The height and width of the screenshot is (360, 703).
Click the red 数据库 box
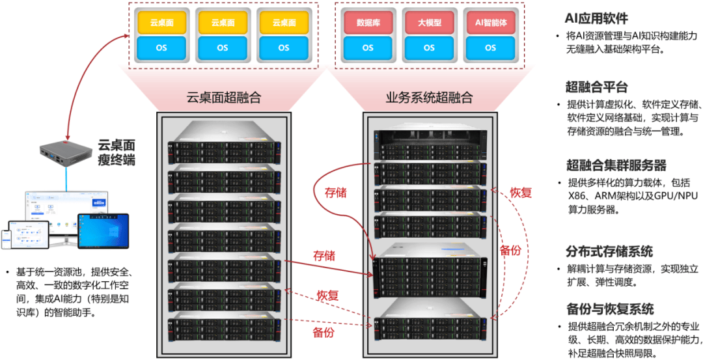367,22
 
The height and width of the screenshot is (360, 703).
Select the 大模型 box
429,22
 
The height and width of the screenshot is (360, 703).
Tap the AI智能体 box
490,22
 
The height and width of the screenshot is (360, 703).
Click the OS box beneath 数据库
367,48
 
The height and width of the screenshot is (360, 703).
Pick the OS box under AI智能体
490,48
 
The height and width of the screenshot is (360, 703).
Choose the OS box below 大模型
429,48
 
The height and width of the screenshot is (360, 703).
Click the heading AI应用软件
596,18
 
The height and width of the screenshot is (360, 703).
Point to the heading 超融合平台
596,87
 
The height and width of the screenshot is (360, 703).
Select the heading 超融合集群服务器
616,165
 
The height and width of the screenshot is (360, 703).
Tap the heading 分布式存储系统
609,251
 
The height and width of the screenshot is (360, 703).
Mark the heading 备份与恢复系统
609,309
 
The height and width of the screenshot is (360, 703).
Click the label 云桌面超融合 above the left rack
223,98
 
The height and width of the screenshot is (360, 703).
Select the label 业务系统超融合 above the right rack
429,98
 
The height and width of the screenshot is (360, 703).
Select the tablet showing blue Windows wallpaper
102,230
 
